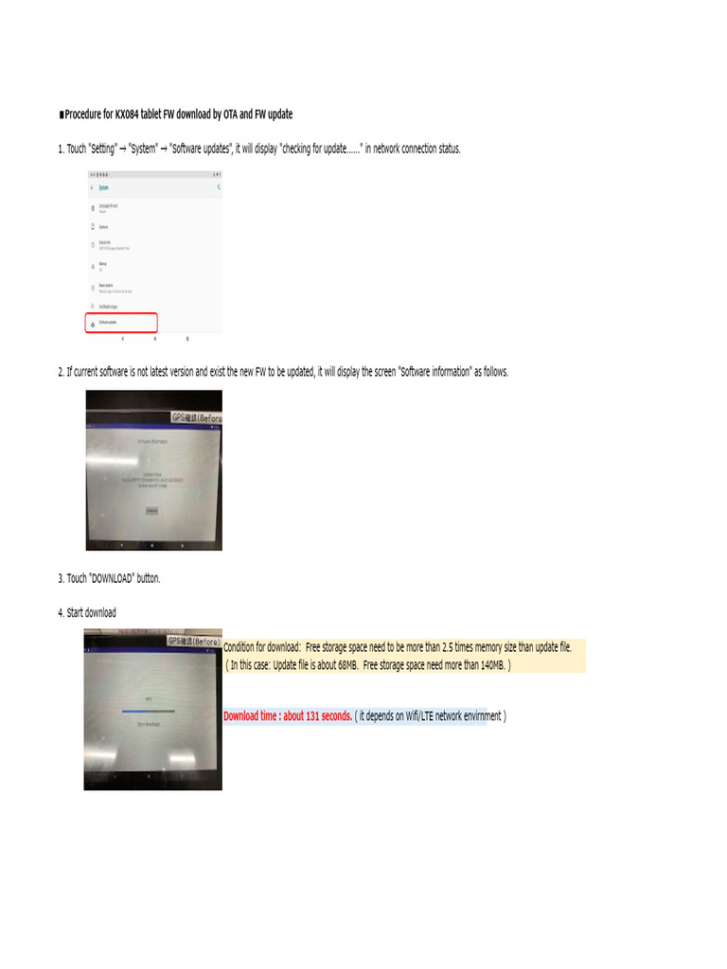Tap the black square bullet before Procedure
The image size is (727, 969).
pos(61,115)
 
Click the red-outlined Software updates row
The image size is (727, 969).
pos(120,323)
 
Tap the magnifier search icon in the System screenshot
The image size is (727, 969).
pos(219,187)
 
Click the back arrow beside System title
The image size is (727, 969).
pos(92,187)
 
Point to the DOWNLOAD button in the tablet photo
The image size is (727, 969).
pos(152,510)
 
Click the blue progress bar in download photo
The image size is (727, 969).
pos(149,710)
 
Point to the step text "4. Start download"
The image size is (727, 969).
pos(87,613)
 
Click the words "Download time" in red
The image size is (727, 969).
pos(251,716)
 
